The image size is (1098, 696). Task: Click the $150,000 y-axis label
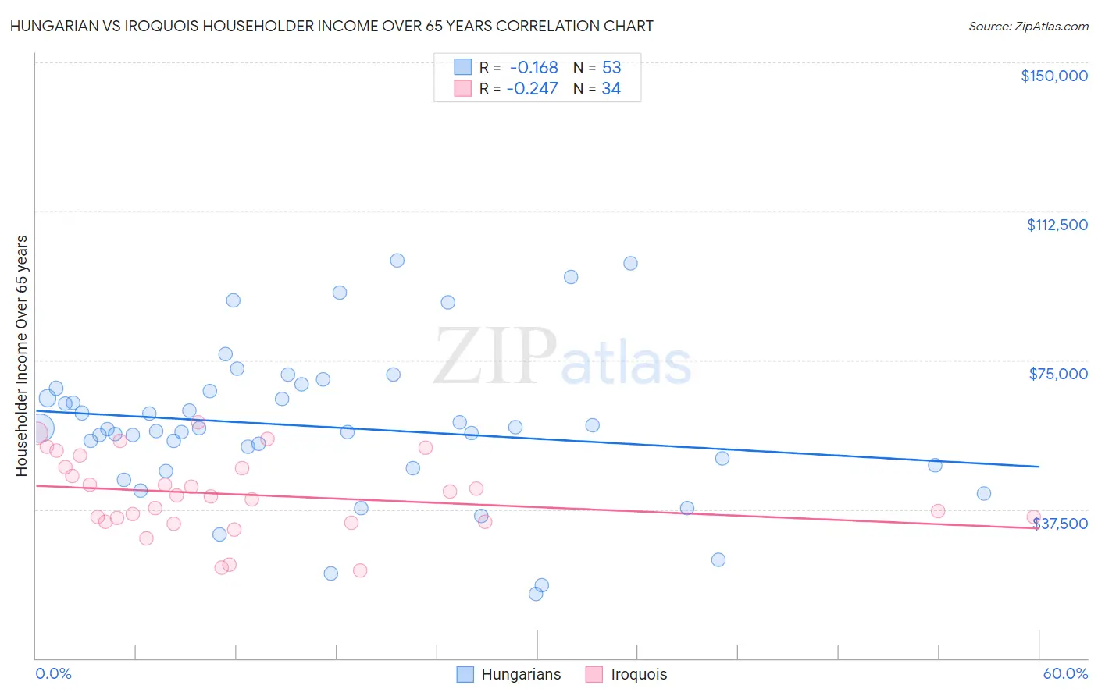1053,76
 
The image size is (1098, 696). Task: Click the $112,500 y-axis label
1057,225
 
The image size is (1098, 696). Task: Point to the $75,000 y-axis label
1058,374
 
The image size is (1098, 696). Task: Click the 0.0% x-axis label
54,673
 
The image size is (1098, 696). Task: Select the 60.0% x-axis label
1065,673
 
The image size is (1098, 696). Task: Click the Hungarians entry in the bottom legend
521,674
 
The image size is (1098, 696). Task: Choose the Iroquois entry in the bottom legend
639,674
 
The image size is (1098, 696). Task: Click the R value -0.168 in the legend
533,68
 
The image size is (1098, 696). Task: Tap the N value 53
611,68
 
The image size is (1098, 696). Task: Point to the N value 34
611,89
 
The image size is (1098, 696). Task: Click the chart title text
331,26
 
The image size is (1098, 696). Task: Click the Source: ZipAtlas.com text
1028,26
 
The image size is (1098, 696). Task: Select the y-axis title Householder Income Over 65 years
21,356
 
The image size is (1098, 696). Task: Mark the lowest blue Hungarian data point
536,594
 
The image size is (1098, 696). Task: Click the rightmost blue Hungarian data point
984,493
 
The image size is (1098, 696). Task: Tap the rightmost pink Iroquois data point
1033,517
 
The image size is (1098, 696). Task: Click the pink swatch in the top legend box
463,89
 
